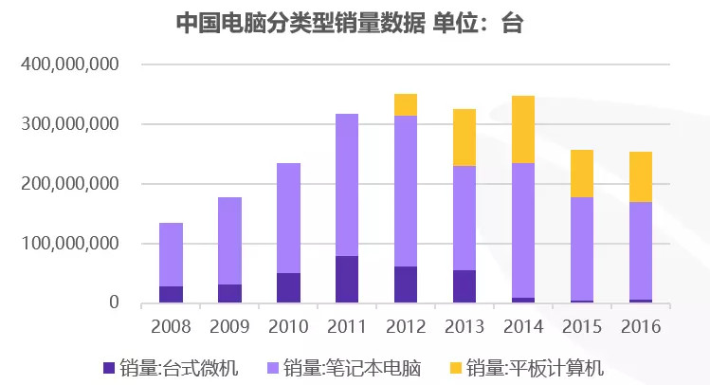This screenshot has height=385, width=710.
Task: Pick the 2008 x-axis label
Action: (x=171, y=326)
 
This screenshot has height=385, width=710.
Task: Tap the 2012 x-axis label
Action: (x=406, y=326)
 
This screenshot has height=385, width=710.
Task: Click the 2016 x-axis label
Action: (x=640, y=326)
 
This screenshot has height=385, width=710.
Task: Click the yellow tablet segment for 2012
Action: (x=406, y=104)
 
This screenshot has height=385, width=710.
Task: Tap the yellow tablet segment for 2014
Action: (x=523, y=129)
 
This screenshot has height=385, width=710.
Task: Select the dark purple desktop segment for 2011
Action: (x=347, y=280)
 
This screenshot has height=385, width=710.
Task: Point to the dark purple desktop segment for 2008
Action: (x=171, y=294)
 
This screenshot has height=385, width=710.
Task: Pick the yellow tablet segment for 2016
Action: (x=640, y=176)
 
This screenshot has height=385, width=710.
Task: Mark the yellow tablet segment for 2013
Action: (x=464, y=137)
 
